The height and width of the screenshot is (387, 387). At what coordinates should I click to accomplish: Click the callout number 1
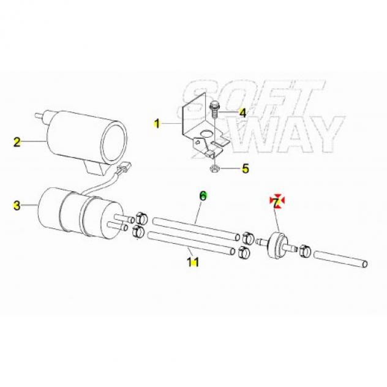[157, 123]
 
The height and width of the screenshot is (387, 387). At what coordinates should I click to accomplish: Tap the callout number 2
[17, 142]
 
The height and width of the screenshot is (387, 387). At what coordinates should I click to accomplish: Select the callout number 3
[17, 205]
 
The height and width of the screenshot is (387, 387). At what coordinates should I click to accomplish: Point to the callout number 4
[243, 113]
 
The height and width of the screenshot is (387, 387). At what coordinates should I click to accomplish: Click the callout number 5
[246, 168]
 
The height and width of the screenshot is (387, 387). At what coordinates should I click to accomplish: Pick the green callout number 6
[203, 196]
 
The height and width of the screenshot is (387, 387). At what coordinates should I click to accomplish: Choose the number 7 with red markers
[276, 201]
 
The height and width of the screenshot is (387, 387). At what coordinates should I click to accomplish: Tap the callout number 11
[193, 262]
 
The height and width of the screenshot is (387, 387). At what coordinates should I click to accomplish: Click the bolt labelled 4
[214, 110]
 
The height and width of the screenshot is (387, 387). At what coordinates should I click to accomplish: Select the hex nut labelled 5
[213, 169]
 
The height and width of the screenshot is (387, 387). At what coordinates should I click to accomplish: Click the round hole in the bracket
[206, 134]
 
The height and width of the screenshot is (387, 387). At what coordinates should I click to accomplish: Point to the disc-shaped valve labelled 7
[277, 245]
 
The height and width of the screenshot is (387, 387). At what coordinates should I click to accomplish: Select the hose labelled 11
[191, 243]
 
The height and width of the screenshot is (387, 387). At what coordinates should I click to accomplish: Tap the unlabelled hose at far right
[341, 259]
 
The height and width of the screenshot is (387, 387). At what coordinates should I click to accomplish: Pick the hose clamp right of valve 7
[304, 251]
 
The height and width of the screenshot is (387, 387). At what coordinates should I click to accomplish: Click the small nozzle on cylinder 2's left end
[39, 116]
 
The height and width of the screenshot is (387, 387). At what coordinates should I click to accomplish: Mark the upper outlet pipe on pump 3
[124, 219]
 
